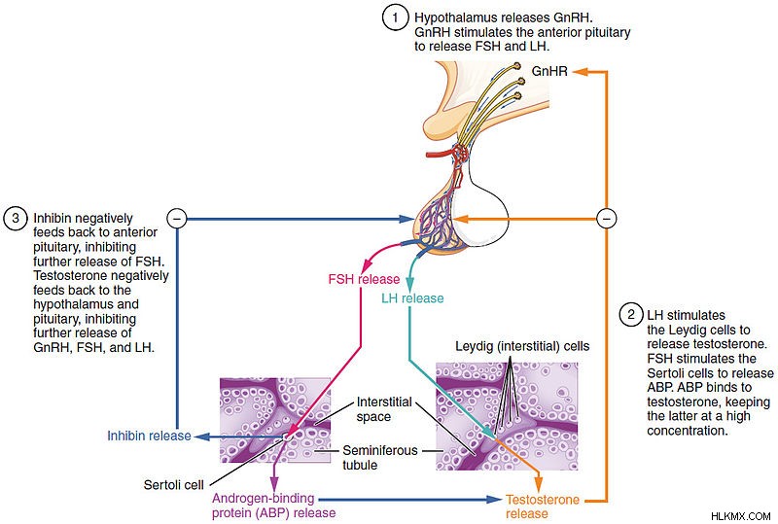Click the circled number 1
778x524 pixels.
click(395, 17)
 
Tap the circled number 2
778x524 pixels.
click(631, 315)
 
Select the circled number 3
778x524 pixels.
click(16, 218)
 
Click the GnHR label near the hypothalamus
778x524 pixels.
click(549, 72)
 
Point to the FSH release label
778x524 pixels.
click(364, 279)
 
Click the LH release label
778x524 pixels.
click(412, 298)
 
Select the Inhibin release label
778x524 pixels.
click(149, 436)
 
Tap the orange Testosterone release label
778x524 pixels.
click(542, 507)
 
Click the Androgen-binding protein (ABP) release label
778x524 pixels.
click(273, 506)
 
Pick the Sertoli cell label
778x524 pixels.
click(173, 485)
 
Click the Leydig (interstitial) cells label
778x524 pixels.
click(522, 346)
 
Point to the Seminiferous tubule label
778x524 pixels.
click(379, 458)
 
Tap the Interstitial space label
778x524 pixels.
click(384, 409)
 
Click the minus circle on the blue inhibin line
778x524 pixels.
click(177, 219)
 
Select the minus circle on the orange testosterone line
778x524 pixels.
click(606, 219)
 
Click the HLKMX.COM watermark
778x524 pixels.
click(740, 516)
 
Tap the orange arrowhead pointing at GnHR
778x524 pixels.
click(580, 72)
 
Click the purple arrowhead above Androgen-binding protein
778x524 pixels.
click(274, 483)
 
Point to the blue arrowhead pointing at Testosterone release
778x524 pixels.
click(495, 499)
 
